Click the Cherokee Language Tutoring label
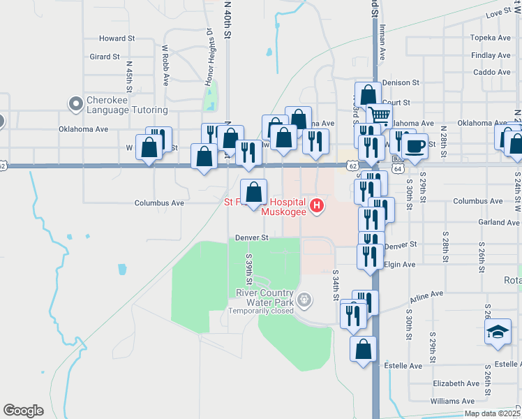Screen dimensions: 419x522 click(x=126, y=105)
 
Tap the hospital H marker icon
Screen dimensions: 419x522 click(x=317, y=205)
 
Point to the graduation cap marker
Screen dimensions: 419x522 click(x=498, y=332)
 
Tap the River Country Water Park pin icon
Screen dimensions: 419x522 click(x=304, y=300)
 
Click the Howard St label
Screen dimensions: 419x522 click(x=117, y=38)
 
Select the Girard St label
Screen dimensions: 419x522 click(x=105, y=57)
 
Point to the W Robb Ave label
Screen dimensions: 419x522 click(x=165, y=66)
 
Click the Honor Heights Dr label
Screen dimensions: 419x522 click(x=208, y=58)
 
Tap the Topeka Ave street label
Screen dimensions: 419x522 click(x=491, y=38)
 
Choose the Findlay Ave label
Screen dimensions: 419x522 click(x=491, y=55)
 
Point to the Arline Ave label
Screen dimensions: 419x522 click(x=426, y=297)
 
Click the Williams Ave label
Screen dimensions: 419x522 click(x=453, y=401)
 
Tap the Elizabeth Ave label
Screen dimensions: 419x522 click(x=456, y=383)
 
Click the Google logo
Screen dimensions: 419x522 click(x=23, y=410)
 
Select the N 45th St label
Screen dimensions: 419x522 click(x=130, y=75)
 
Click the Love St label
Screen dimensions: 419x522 click(x=498, y=14)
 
